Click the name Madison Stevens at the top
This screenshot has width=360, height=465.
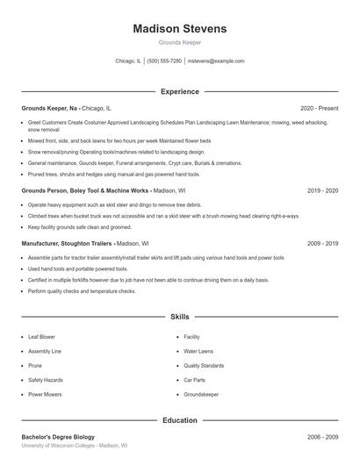(179, 29)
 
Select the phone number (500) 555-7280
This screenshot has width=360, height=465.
(164, 61)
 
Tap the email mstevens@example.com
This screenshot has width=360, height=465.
(217, 61)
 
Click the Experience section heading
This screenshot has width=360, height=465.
(179, 91)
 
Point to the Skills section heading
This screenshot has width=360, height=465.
(179, 316)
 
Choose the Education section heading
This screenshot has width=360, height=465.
(179, 420)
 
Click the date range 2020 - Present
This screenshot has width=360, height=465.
(319, 108)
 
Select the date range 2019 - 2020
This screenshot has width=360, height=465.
(322, 190)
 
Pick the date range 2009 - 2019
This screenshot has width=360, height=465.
(322, 243)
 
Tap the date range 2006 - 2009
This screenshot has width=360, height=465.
(322, 437)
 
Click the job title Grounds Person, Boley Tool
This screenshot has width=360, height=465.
(84, 190)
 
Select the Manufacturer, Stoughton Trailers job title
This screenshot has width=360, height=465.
(67, 243)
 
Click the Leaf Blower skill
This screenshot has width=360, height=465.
(41, 337)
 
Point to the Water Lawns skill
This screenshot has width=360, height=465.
(198, 351)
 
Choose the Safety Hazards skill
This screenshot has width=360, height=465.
(45, 380)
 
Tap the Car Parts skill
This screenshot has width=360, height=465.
(194, 380)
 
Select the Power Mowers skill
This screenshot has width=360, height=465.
(45, 395)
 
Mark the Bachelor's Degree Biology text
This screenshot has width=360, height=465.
(58, 437)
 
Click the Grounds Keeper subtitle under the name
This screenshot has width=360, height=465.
(179, 42)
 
